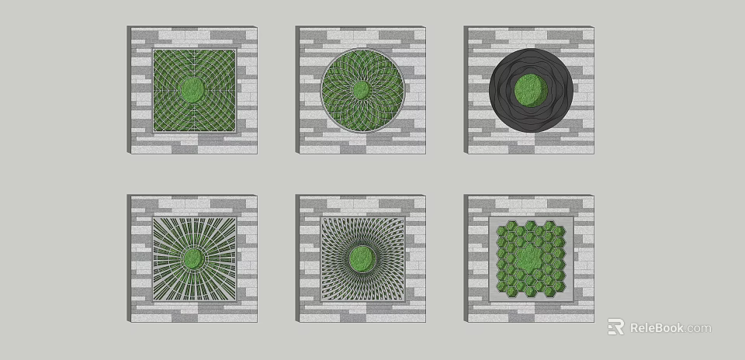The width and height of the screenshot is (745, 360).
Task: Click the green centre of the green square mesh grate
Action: coord(193,90)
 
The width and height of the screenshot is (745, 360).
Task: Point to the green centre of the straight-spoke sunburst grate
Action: coord(193,258)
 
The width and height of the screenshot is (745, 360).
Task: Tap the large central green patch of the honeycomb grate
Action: coord(532,256)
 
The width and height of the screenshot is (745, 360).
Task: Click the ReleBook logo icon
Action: coord(615,327)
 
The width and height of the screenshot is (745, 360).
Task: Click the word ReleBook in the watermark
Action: coord(657,327)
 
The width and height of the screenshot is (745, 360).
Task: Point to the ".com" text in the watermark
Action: coord(698,328)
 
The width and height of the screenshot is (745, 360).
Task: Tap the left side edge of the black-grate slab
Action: coord(466,90)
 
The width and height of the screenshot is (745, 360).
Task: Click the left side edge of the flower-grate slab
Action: coord(298,90)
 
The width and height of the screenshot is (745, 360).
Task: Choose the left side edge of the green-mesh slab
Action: coord(129,90)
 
